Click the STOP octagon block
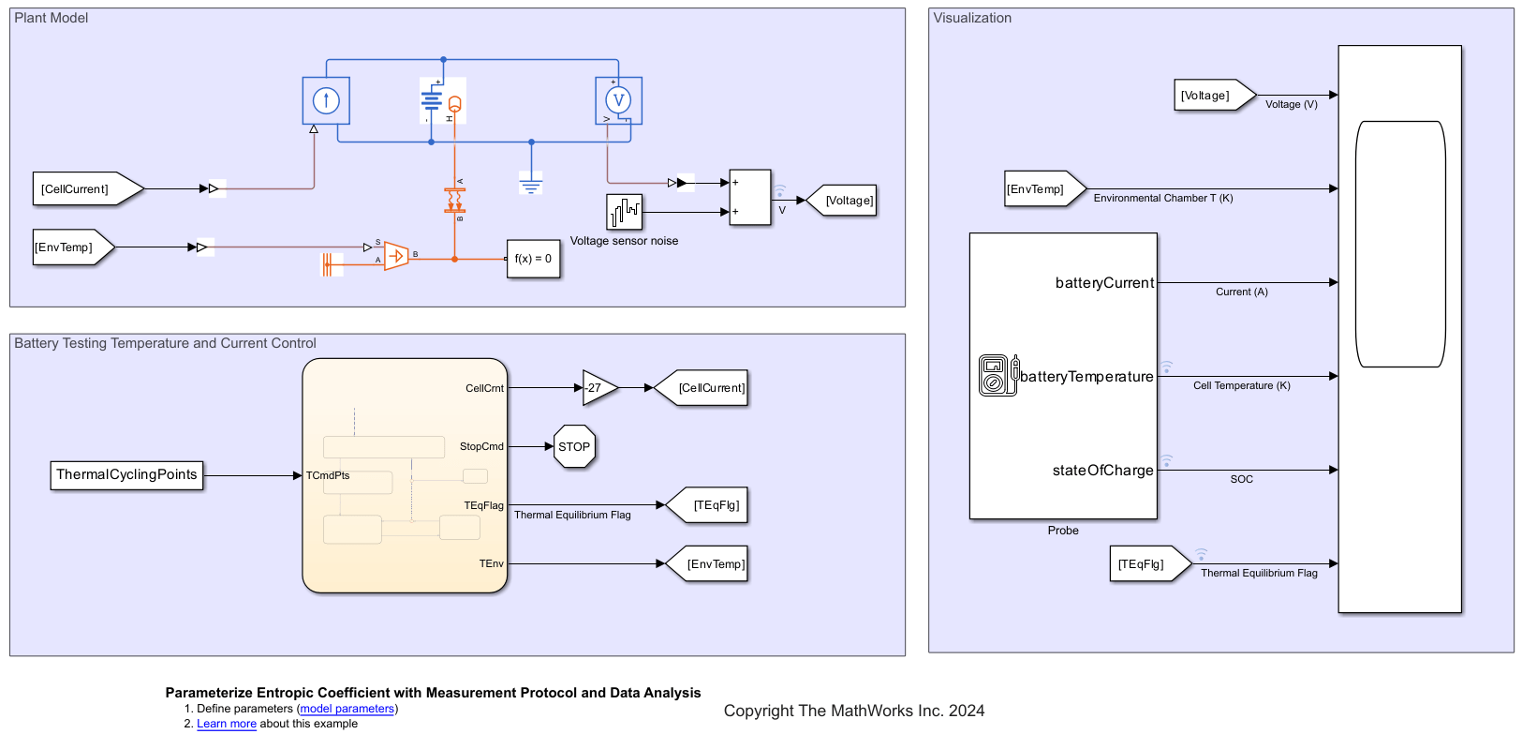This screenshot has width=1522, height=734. [x=574, y=446]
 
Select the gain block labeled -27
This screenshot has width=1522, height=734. [x=598, y=387]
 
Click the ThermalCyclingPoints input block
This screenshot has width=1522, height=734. [x=126, y=475]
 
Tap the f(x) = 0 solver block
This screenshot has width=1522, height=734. [x=533, y=259]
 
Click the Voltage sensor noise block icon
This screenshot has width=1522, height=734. [x=624, y=212]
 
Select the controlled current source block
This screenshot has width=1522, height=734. [x=326, y=100]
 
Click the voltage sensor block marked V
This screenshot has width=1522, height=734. [x=618, y=100]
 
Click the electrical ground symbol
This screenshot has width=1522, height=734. [x=531, y=184]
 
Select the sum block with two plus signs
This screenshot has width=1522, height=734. [x=749, y=198]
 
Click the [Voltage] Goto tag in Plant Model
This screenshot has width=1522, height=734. [x=845, y=201]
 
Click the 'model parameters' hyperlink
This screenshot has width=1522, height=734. [x=347, y=709]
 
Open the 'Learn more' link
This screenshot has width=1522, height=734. [x=226, y=724]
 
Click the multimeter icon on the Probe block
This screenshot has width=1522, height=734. [x=997, y=375]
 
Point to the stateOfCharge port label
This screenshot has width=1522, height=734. [x=1102, y=471]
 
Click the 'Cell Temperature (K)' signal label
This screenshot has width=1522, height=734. [x=1241, y=386]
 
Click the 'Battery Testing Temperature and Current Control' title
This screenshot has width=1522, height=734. [x=165, y=343]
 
